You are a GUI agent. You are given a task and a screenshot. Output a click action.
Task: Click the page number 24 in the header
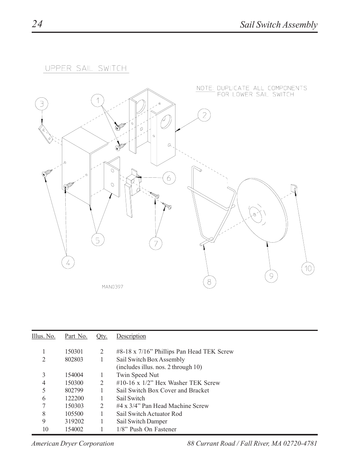[x=37, y=24]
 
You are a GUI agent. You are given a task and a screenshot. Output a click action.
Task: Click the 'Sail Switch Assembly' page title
[x=278, y=25]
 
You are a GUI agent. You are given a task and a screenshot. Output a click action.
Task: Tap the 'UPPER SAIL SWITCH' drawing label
[x=86, y=68]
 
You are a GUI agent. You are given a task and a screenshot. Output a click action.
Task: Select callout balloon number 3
[x=42, y=104]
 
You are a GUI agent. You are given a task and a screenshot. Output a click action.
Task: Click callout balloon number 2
[x=204, y=115]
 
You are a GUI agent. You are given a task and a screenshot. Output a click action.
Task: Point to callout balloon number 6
[x=169, y=178]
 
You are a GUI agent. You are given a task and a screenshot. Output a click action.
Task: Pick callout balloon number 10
[x=308, y=268]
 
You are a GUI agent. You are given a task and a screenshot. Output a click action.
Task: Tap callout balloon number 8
[x=209, y=282]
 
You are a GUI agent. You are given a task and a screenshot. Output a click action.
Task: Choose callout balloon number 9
[x=271, y=277]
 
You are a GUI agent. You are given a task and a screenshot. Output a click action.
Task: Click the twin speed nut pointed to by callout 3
[x=45, y=133]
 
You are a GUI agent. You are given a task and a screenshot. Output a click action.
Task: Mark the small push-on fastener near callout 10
[x=294, y=188]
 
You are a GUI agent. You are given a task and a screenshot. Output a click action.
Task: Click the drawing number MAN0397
[x=112, y=286]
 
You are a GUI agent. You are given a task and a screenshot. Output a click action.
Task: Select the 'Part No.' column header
[x=76, y=336]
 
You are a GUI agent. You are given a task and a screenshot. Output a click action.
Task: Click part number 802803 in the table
[x=74, y=360]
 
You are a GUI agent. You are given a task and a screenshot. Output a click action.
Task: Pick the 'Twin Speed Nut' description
[x=137, y=375]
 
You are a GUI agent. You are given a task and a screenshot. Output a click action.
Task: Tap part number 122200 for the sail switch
[x=74, y=398]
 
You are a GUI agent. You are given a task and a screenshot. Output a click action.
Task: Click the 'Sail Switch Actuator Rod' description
[x=149, y=414]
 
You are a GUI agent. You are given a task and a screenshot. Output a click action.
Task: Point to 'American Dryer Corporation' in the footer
[x=72, y=444]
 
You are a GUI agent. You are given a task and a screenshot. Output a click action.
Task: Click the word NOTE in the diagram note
[x=205, y=88]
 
